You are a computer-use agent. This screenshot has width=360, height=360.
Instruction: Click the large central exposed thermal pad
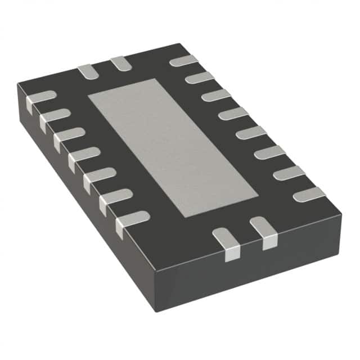[x=173, y=147]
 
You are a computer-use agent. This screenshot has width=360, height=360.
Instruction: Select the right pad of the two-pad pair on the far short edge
[x=120, y=63]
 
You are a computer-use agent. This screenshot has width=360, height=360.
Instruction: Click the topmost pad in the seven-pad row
[x=41, y=98]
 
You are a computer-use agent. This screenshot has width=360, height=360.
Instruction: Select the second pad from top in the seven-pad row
[x=55, y=116]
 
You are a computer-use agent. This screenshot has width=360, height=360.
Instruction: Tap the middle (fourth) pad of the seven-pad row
[x=84, y=155]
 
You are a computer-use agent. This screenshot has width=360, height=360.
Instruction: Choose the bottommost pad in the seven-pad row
[x=133, y=220]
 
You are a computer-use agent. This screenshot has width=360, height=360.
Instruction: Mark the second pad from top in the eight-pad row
[x=199, y=77]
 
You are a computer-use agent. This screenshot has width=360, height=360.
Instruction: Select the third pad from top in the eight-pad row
[x=216, y=95]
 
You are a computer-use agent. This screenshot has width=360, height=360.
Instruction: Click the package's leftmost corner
[x=18, y=84]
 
